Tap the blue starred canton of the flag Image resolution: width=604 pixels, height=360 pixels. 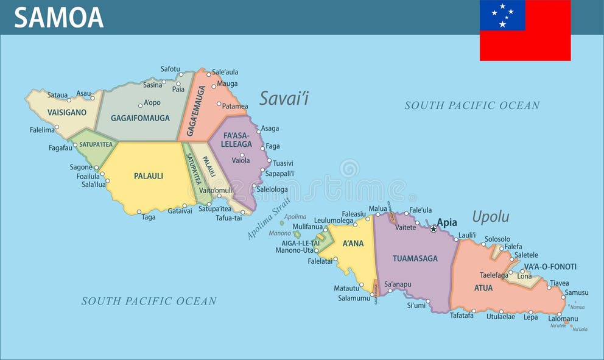click(502, 15)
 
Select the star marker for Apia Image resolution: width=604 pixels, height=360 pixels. click(434, 228)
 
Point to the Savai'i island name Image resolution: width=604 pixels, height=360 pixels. click(284, 98)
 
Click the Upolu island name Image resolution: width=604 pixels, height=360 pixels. click(491, 217)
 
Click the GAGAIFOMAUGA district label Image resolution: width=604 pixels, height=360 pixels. click(140, 118)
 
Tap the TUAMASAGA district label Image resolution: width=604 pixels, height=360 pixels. click(415, 258)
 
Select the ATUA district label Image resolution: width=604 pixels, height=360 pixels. click(483, 288)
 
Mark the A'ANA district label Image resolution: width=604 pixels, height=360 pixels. click(353, 244)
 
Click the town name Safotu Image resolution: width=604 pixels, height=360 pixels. click(170, 69)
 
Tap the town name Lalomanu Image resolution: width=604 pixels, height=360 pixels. click(563, 319)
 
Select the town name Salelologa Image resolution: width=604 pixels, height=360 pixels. click(272, 189)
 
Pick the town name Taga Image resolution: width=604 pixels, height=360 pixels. click(149, 217)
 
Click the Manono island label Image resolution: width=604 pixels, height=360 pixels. click(280, 233)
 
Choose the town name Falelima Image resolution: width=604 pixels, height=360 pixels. click(42, 130)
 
